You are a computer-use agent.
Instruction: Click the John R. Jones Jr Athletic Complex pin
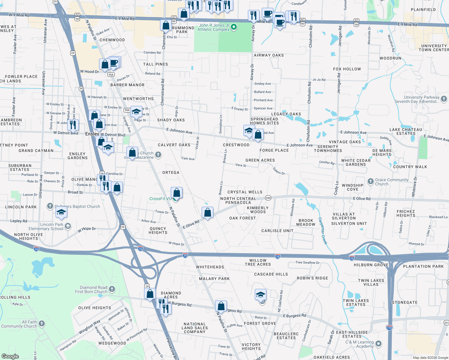coord(234,27)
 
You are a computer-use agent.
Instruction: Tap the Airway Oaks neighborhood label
coord(269,55)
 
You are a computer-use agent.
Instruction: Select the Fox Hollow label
coord(347,69)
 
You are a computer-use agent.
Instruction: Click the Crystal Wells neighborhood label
coord(245,192)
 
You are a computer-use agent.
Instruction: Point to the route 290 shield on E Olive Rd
coord(268,198)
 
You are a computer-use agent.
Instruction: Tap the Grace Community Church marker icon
coord(371,181)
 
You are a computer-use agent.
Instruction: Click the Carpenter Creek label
coord(322,231)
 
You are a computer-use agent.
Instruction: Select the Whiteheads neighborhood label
coord(210,267)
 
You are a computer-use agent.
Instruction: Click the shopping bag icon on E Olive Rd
coord(207,213)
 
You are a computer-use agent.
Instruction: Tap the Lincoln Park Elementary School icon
coord(68,226)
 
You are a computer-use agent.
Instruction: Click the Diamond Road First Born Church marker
coord(112,289)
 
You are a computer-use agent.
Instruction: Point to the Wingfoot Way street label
coord(89,327)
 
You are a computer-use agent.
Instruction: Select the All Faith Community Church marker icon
coord(42,323)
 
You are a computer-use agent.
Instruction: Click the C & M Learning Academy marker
coord(378,344)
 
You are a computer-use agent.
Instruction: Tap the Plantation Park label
coord(423,266)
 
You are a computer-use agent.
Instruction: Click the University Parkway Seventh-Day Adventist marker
coord(444,99)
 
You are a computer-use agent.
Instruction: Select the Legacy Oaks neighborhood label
coord(286,114)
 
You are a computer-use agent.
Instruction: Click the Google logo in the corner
coord(10,356)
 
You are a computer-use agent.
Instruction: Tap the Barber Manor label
coord(128,85)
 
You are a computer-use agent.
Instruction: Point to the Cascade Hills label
coord(271,274)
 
